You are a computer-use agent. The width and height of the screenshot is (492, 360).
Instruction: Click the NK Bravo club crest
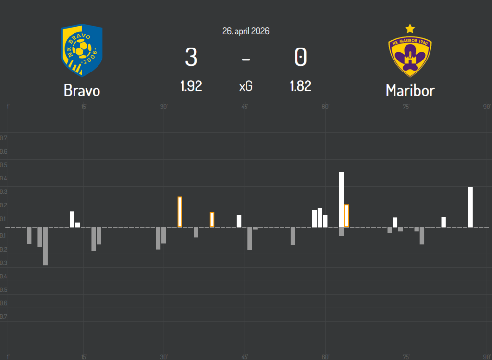coord(82,50)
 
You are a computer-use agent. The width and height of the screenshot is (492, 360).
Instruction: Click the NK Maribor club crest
coord(410,55)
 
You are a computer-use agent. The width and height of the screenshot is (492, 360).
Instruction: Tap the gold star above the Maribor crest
coord(410,28)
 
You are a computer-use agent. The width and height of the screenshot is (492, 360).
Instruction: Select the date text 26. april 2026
coord(246,31)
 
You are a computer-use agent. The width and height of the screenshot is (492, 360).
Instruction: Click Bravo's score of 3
coord(191,58)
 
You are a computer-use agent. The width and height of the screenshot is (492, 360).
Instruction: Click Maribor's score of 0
coord(300,58)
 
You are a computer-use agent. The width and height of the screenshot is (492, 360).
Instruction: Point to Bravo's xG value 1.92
coord(191,86)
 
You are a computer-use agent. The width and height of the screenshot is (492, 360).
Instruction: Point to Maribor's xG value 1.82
coord(300,86)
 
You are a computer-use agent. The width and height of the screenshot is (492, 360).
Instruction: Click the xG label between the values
coord(246,86)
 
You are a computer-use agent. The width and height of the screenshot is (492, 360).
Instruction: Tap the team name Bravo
coord(82,90)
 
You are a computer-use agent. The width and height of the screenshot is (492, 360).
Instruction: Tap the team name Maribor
coord(410,90)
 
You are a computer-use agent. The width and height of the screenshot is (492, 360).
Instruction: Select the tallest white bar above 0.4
coord(341,199)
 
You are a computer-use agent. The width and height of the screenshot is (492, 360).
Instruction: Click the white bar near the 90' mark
coord(470,206)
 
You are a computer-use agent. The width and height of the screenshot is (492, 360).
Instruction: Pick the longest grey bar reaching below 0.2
coord(45,246)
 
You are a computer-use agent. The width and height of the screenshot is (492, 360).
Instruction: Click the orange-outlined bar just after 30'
coord(180,212)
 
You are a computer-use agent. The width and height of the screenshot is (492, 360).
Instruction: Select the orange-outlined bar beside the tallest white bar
coord(346,216)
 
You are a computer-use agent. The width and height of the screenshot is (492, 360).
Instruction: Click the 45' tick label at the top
coord(245,107)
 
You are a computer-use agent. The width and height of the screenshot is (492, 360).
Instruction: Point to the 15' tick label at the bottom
coord(84,356)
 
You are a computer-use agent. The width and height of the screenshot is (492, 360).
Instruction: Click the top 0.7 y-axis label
coord(4,138)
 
